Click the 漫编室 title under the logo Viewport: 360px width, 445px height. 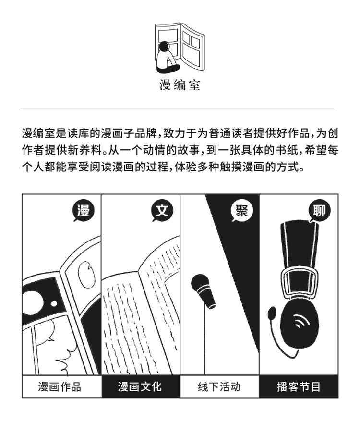(180, 85)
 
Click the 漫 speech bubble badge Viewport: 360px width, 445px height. (84, 211)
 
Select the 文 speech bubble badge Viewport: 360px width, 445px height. (162, 211)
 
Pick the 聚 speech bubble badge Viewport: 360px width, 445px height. (241, 211)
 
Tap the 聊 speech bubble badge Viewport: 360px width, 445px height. (319, 211)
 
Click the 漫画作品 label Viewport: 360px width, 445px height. (60, 386)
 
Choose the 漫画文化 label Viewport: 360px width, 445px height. (140, 386)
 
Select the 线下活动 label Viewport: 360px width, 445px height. (219, 386)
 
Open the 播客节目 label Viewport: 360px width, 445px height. (299, 386)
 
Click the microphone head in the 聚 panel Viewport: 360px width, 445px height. (200, 282)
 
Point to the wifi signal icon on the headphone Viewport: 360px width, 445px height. (300, 321)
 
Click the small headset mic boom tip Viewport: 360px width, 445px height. (272, 313)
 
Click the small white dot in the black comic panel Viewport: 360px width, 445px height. (54, 304)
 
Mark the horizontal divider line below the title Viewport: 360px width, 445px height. (180, 108)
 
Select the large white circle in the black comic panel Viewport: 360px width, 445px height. (32, 301)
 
